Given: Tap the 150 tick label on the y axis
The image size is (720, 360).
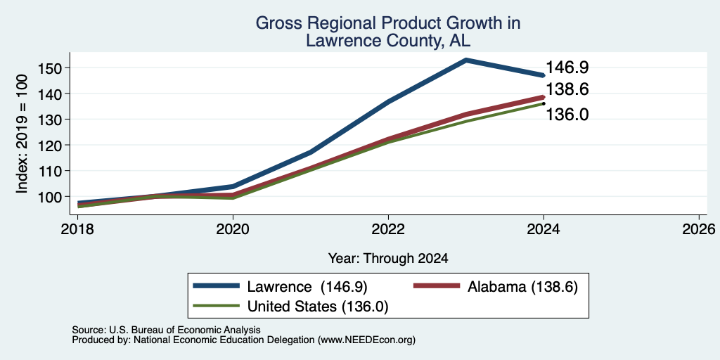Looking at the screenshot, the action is (48, 68).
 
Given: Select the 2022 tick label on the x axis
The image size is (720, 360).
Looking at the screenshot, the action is (388, 229).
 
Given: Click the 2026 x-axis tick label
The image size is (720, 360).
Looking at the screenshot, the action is (699, 229).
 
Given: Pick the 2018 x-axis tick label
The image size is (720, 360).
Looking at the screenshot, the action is (77, 229).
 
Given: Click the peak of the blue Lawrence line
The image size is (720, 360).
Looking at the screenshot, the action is (466, 60).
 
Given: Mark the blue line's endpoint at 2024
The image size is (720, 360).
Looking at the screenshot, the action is (544, 75).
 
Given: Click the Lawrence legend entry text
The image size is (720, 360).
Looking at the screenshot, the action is (307, 287).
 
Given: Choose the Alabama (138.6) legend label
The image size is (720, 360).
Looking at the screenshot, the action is (522, 287).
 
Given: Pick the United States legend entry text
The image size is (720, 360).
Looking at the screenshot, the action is (318, 307).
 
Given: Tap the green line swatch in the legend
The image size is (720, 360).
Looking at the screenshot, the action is (217, 306).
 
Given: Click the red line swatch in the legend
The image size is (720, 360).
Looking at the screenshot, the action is (437, 286).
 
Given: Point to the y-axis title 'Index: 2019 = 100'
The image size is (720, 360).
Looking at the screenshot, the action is (22, 134).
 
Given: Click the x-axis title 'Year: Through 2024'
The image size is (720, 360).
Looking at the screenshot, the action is (388, 259).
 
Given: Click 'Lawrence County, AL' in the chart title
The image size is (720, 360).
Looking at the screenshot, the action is (388, 41).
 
